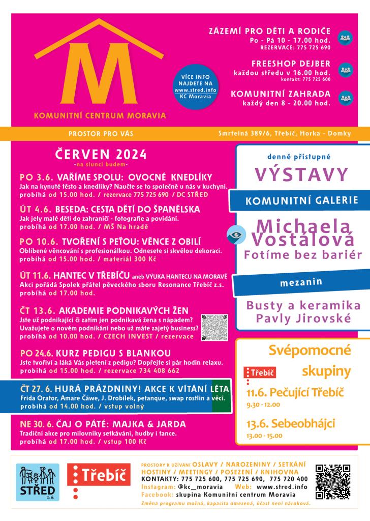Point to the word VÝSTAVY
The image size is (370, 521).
(301, 174)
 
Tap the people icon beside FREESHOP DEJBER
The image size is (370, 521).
(345, 69)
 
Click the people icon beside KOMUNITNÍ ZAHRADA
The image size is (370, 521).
(345, 98)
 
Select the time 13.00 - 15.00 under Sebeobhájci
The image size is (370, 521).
(264, 436)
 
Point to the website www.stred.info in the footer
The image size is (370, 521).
(285, 487)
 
